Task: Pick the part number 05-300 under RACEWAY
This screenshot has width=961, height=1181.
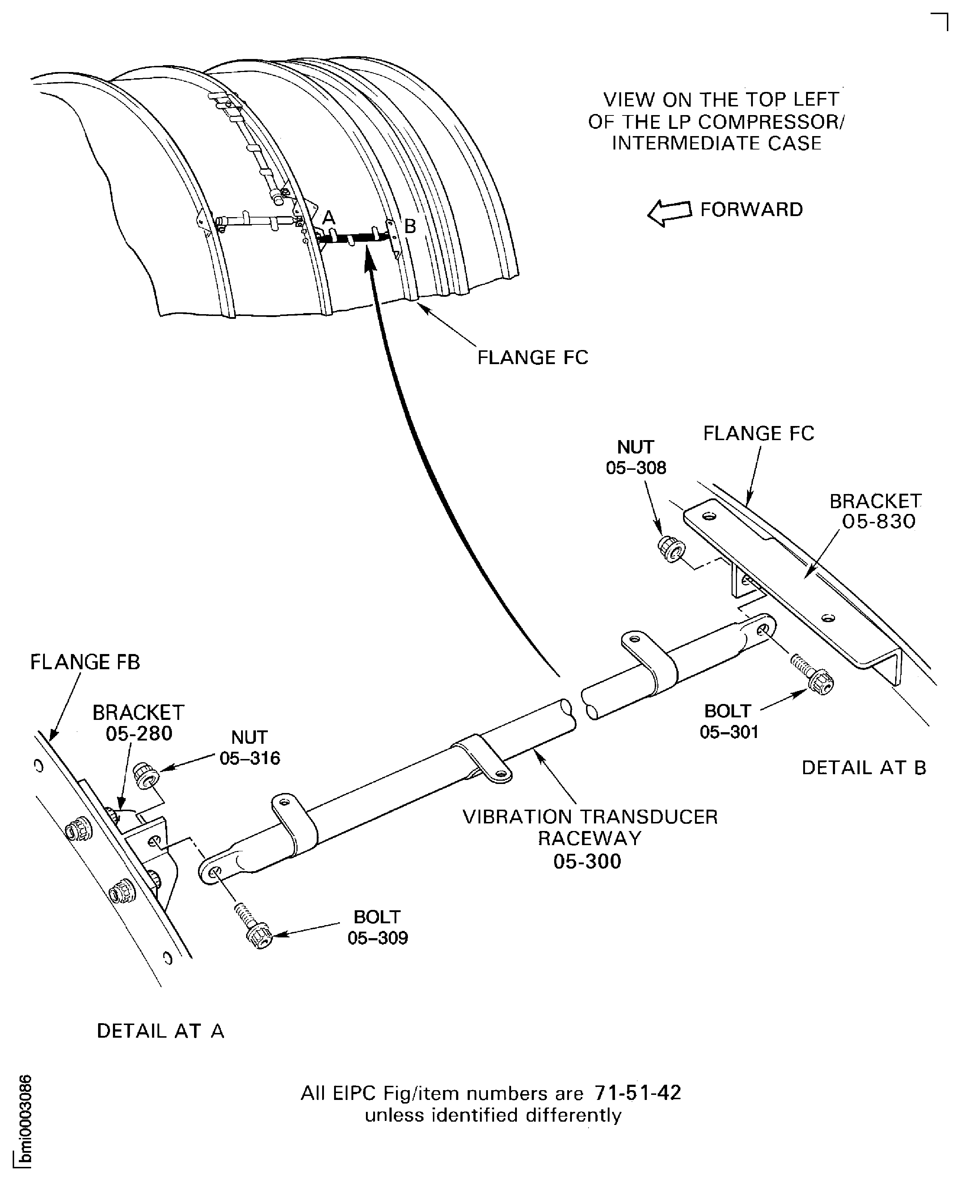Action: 587,862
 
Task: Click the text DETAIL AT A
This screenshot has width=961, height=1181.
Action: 161,1031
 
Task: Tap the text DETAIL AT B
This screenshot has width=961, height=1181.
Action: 864,768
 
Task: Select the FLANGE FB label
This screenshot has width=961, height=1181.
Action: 85,662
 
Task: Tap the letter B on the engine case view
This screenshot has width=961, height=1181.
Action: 410,226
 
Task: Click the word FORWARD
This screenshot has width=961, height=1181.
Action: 751,210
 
